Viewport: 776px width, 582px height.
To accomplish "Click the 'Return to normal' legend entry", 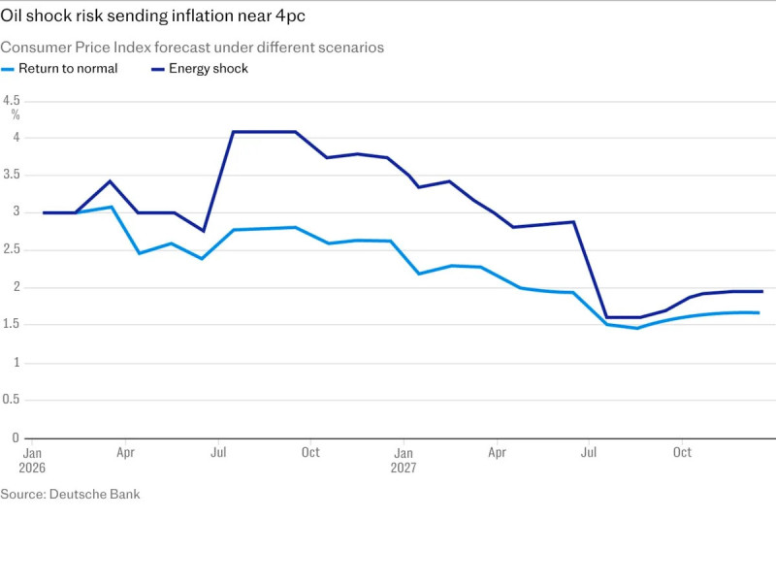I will [x=68, y=69].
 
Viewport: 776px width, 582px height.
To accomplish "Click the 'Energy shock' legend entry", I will [x=208, y=69].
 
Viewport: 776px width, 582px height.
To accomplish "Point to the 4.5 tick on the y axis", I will [x=12, y=100].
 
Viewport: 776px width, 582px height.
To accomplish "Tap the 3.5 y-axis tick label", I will [x=12, y=175].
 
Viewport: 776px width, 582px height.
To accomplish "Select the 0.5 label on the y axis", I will [x=12, y=400].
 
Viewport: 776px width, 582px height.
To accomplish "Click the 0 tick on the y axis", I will [x=16, y=437].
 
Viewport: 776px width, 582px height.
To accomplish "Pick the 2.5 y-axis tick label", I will [x=12, y=250].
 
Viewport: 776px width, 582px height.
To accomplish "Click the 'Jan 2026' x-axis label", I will [x=33, y=460].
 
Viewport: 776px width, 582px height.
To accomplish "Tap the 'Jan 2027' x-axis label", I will [x=404, y=460].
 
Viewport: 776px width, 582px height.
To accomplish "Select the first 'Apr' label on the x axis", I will [x=126, y=453].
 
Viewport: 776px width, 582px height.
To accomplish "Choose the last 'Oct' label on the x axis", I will [x=682, y=453].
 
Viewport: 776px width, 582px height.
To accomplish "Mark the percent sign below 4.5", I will [x=16, y=114].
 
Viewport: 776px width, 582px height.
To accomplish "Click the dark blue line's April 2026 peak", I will [x=110, y=181].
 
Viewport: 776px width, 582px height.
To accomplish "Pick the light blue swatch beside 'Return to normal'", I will [x=8, y=69].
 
